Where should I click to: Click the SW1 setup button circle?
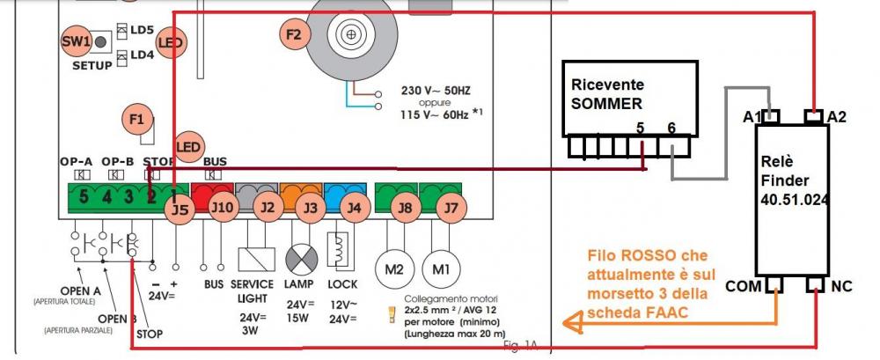coord(77,40)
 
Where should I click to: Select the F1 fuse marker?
coord(136,117)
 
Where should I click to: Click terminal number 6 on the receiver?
coord(671,128)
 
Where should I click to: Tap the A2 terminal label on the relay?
coord(837,116)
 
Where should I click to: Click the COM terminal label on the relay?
coord(744,286)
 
